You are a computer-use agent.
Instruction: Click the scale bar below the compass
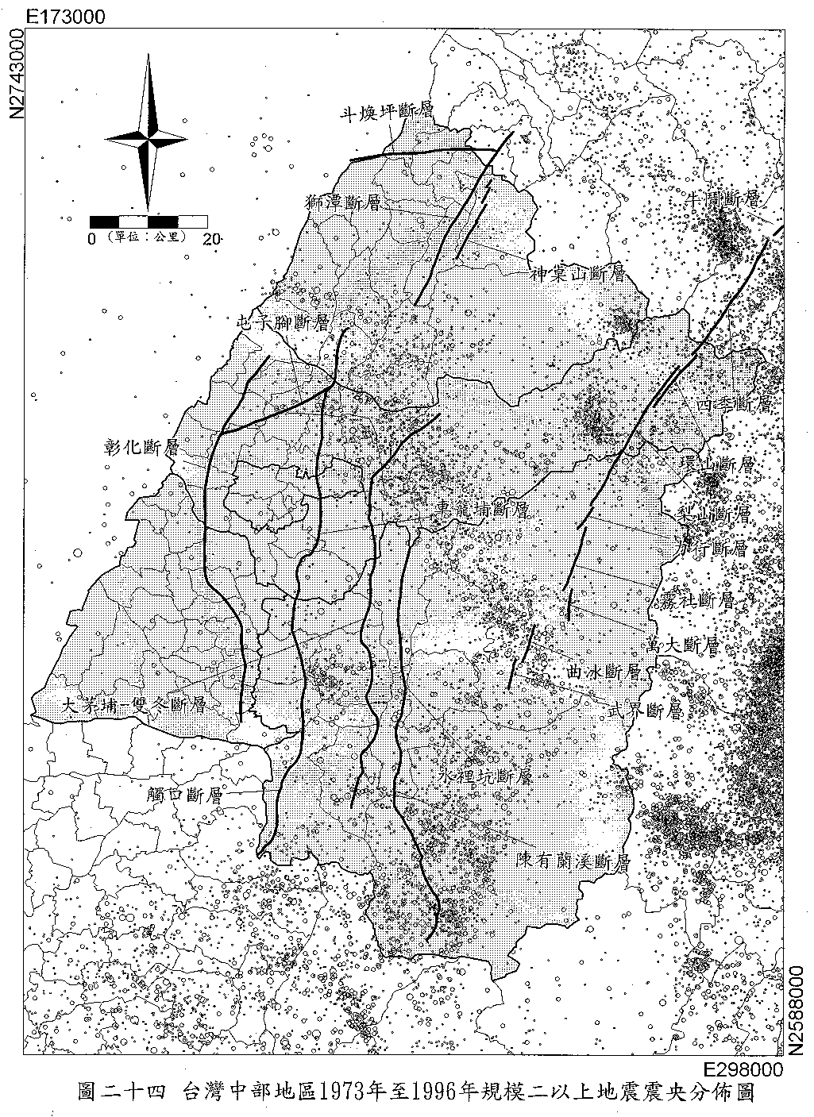[149, 221]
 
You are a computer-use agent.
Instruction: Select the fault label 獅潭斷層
[343, 202]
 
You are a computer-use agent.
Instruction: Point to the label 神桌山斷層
[577, 275]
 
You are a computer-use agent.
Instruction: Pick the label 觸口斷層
[184, 793]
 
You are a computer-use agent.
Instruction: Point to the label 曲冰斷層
[604, 672]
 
